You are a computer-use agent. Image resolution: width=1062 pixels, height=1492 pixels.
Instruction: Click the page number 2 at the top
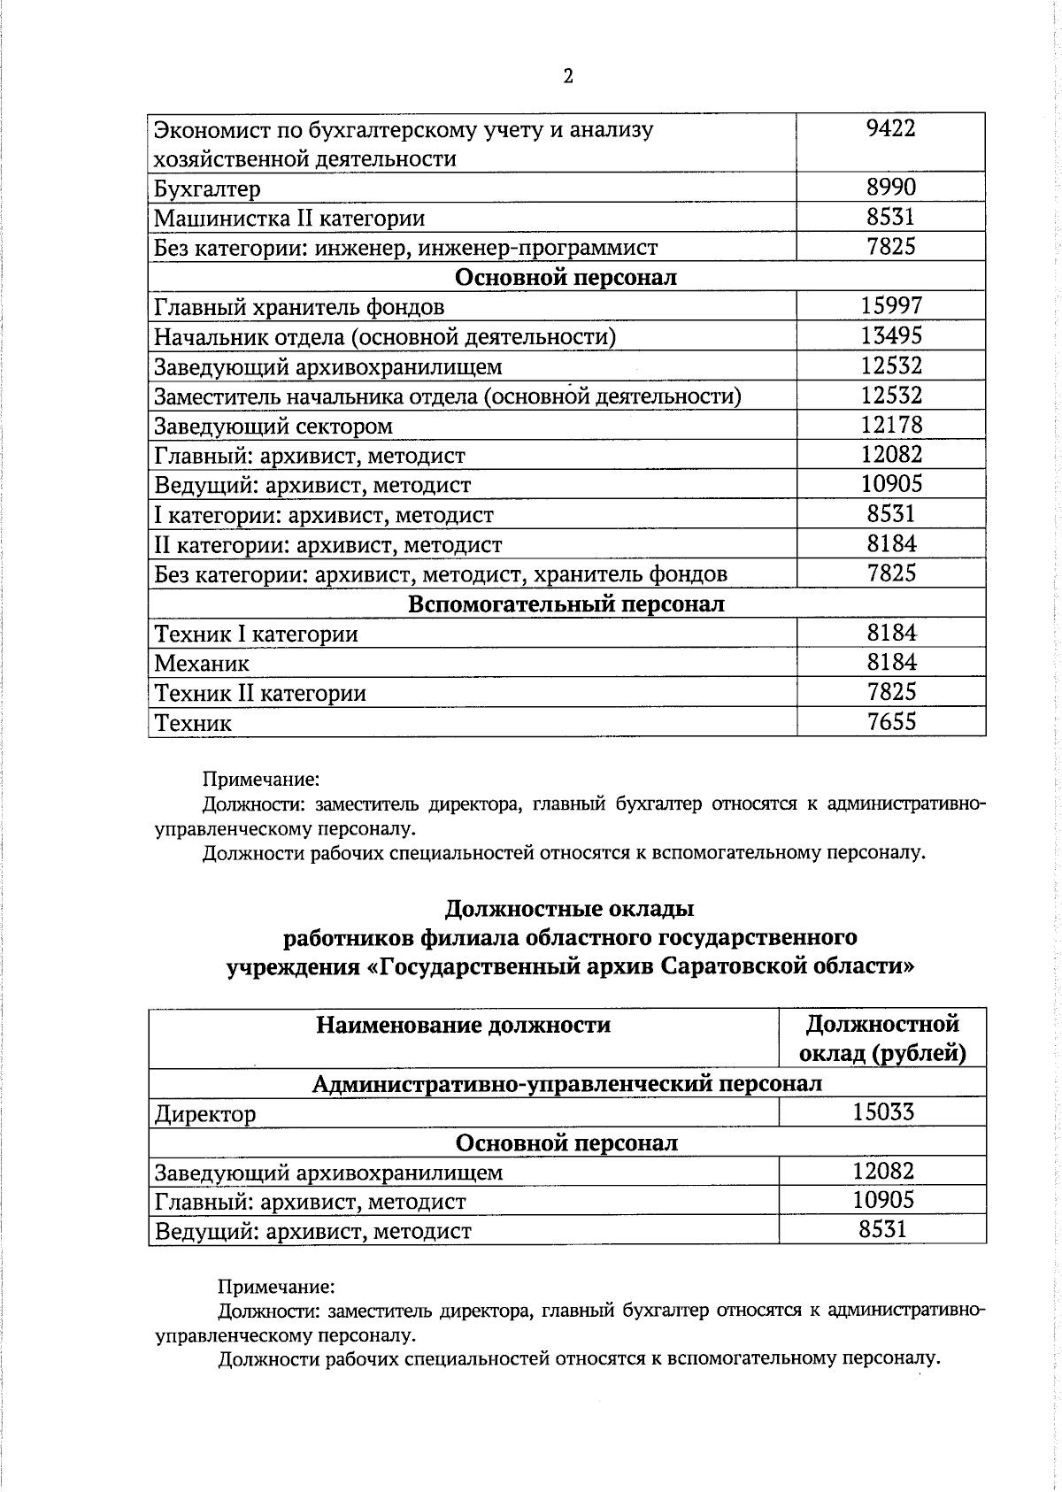coord(568,77)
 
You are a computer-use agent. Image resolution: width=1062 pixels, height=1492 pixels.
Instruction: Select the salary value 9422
coord(890,129)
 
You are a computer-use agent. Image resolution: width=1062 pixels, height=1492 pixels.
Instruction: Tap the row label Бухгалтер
coord(207,189)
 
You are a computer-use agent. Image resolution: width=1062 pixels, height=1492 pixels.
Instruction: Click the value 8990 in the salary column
coord(890,188)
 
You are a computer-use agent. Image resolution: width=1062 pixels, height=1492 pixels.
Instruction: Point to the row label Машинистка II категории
coord(289,219)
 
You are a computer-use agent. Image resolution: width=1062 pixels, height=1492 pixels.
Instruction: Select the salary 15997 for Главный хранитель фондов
coord(890,306)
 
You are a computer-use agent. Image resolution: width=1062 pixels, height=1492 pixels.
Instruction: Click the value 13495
coord(890,336)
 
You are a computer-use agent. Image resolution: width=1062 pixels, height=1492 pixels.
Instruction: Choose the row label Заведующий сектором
coord(273,427)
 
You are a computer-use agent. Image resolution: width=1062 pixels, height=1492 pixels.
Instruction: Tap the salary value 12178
coord(890,425)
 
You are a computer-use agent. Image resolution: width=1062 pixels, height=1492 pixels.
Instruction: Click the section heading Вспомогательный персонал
coord(566,604)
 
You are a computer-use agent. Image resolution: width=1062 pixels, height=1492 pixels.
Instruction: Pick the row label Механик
coord(202,664)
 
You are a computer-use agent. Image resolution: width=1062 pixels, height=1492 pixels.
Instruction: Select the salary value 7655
coord(890,722)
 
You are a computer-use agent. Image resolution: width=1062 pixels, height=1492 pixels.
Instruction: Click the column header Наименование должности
coord(463,1026)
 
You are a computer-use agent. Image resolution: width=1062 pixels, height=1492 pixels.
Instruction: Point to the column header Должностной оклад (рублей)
coord(882,1039)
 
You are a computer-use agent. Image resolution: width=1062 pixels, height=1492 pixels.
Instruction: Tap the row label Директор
coord(204,1114)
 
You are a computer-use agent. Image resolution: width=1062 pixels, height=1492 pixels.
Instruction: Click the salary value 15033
coord(882,1112)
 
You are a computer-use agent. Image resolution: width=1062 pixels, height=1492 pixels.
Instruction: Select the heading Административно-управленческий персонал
coord(566,1084)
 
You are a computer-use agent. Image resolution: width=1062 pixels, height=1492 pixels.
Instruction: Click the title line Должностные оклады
coord(568,909)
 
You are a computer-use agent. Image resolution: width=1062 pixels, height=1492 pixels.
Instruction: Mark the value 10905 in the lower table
coord(882,1201)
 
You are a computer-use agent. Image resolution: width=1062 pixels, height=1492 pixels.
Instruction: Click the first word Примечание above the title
coord(260,781)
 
